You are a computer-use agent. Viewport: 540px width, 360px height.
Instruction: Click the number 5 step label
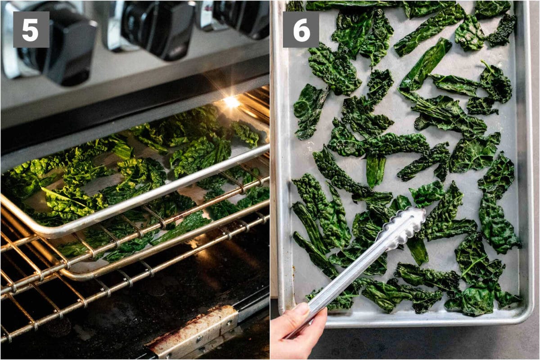[31, 30]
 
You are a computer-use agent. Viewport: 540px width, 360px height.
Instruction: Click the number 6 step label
[301, 30]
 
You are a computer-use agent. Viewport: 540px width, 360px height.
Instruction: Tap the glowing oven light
[231, 102]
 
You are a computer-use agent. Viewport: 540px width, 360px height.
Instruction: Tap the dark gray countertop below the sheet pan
[427, 342]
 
